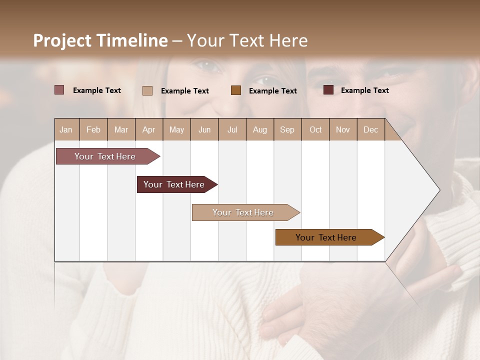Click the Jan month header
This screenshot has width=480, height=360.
[x=66, y=129]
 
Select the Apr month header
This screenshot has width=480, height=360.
[x=148, y=129]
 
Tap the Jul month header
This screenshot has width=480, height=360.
[x=232, y=129]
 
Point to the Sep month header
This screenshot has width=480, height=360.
[x=287, y=129]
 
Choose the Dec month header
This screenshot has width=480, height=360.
[x=370, y=129]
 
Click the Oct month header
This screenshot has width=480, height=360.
[x=315, y=129]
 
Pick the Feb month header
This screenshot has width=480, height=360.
[x=93, y=129]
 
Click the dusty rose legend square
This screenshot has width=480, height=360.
[x=59, y=90]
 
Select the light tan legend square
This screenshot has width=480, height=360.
[x=147, y=90]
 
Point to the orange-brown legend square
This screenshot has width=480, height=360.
[x=236, y=90]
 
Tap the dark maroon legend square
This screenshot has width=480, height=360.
[x=328, y=90]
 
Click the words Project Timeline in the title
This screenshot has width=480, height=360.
[x=100, y=40]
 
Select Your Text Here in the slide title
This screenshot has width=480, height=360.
[x=247, y=40]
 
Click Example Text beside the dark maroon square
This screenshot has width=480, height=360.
[x=364, y=90]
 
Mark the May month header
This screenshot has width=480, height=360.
[x=176, y=129]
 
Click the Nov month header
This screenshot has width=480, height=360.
[x=342, y=129]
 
